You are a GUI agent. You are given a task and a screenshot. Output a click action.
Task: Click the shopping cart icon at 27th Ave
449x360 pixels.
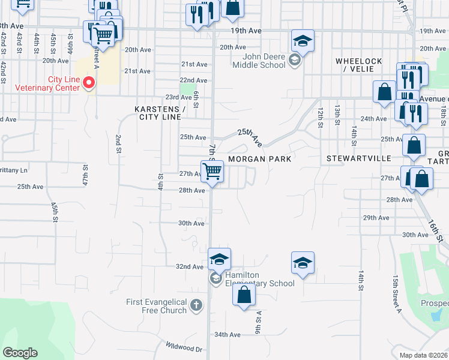click(x=212, y=171)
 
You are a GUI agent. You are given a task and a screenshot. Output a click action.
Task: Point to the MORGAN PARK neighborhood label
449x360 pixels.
click(x=259, y=159)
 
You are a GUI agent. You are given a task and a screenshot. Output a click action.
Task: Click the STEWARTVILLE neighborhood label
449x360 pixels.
click(x=358, y=159)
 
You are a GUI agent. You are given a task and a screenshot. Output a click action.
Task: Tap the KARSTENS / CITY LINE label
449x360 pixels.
click(x=160, y=113)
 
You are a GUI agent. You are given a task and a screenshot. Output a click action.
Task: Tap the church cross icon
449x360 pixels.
click(x=196, y=306)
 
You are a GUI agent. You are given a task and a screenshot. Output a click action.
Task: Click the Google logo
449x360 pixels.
click(x=20, y=353)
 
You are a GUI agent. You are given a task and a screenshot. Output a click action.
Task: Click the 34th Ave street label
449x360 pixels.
click(x=227, y=335)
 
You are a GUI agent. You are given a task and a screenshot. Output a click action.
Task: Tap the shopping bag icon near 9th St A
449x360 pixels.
click(x=244, y=295)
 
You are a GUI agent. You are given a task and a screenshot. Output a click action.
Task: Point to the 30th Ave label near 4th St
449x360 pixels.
click(x=191, y=223)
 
